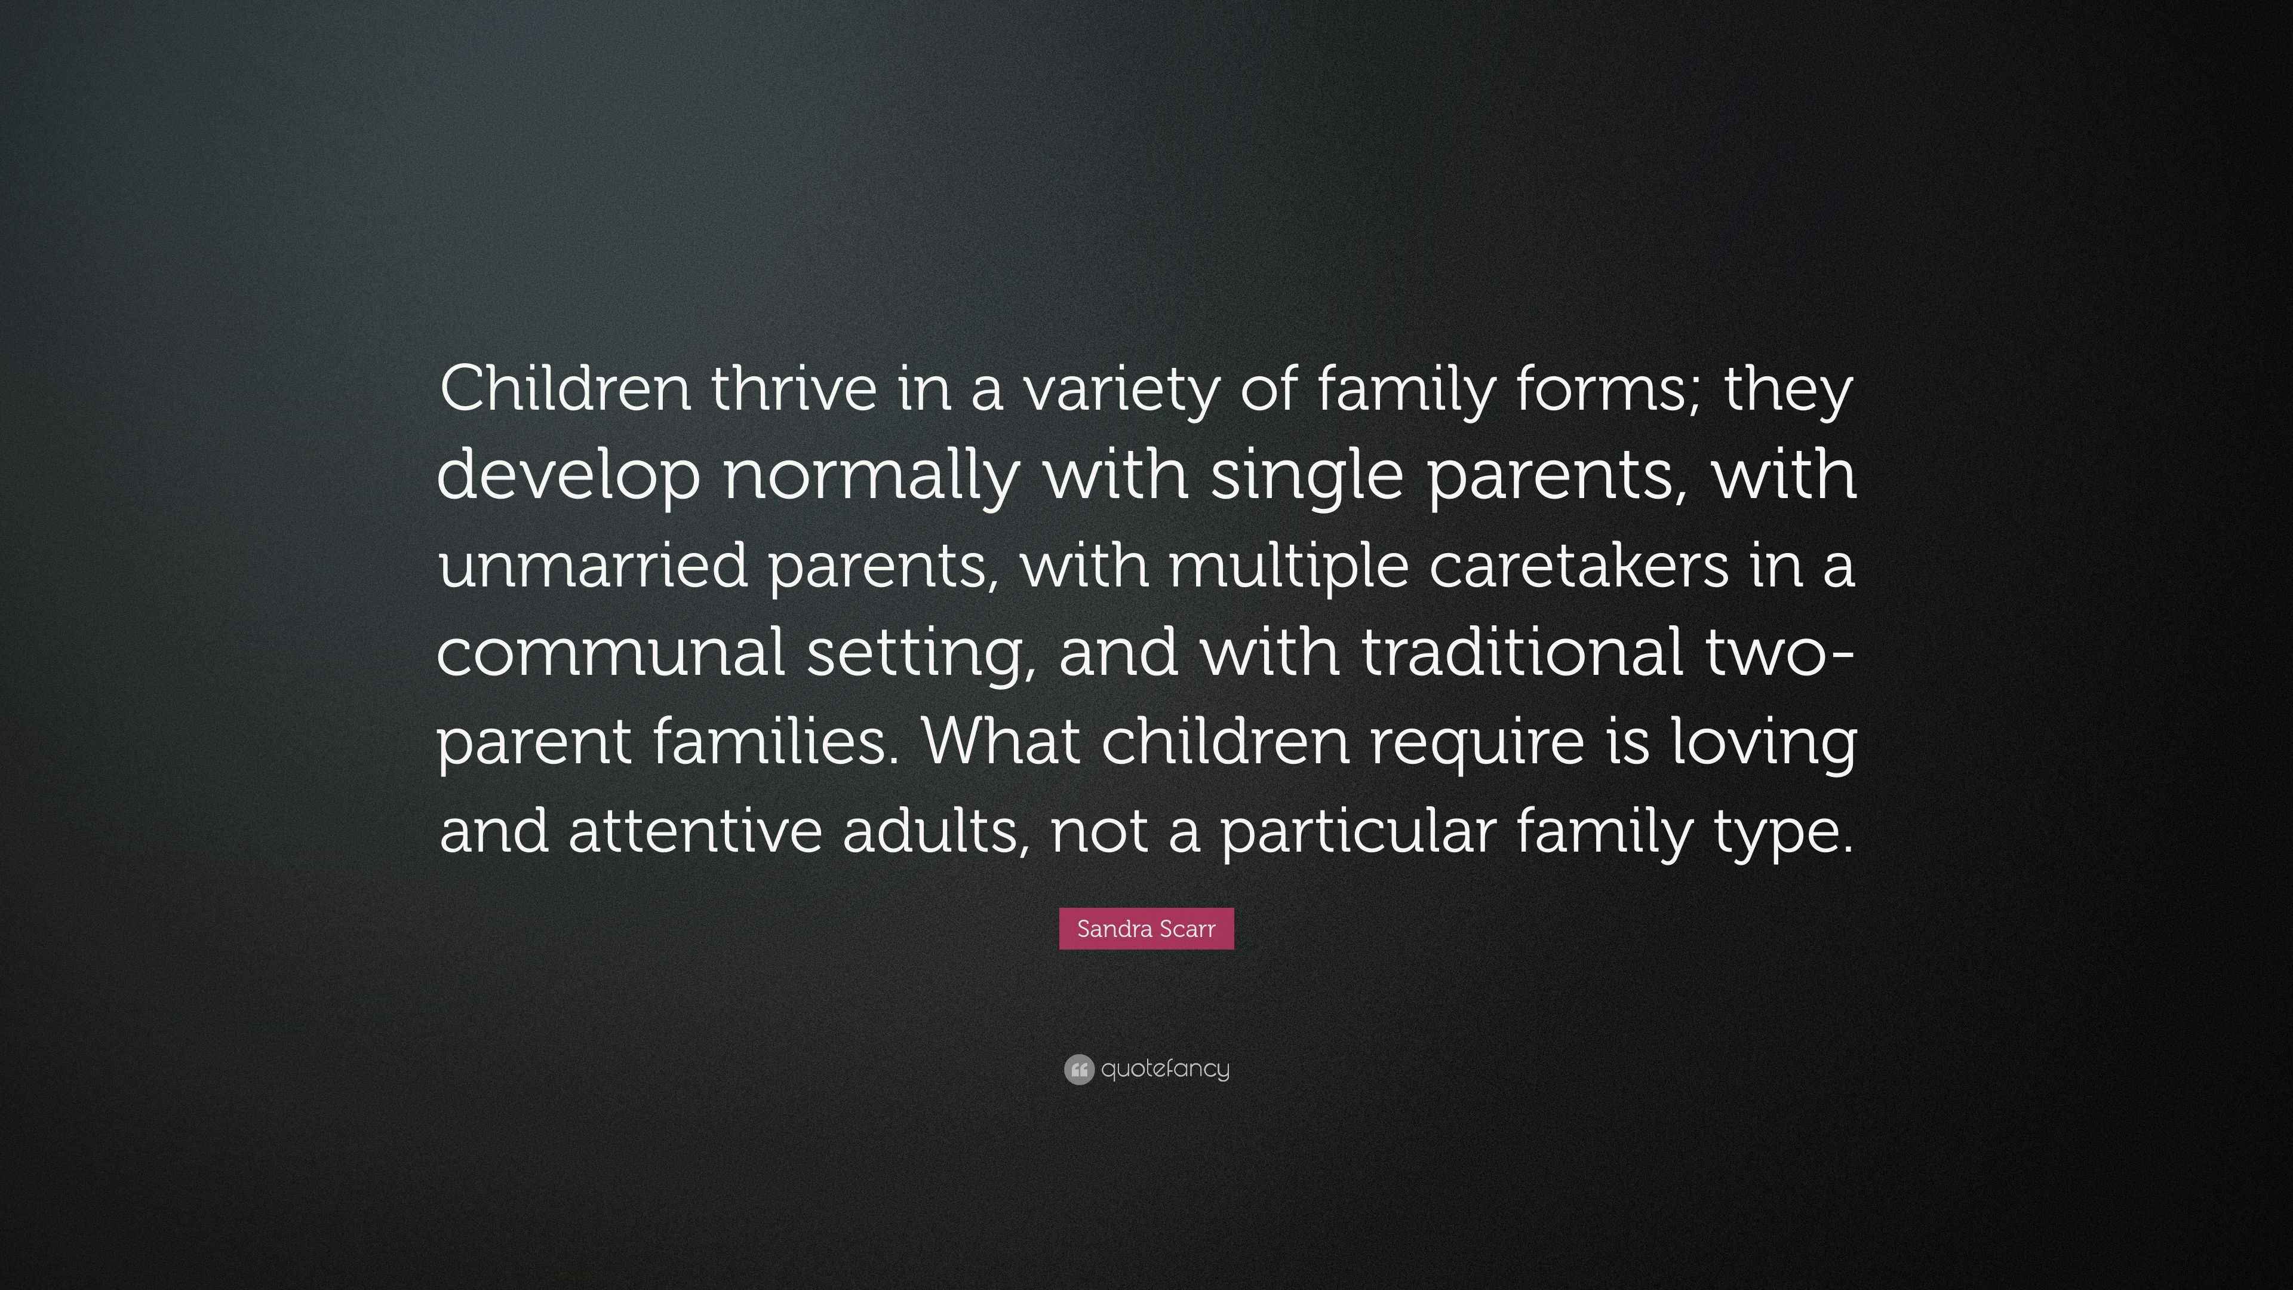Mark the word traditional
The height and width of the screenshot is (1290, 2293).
pyautogui.click(x=1522, y=651)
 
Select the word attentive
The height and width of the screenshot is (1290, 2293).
pyautogui.click(x=694, y=830)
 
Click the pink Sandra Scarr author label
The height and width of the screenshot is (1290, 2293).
pyautogui.click(x=1146, y=929)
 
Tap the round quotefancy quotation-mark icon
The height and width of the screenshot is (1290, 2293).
pyautogui.click(x=1078, y=1069)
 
